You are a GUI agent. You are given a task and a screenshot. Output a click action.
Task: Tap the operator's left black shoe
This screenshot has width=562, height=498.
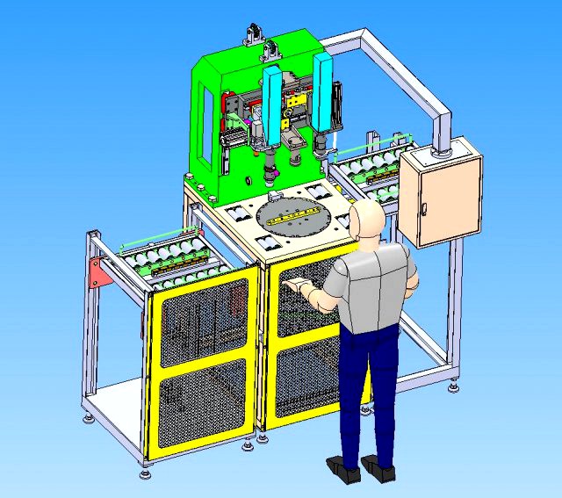pos(342,468)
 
